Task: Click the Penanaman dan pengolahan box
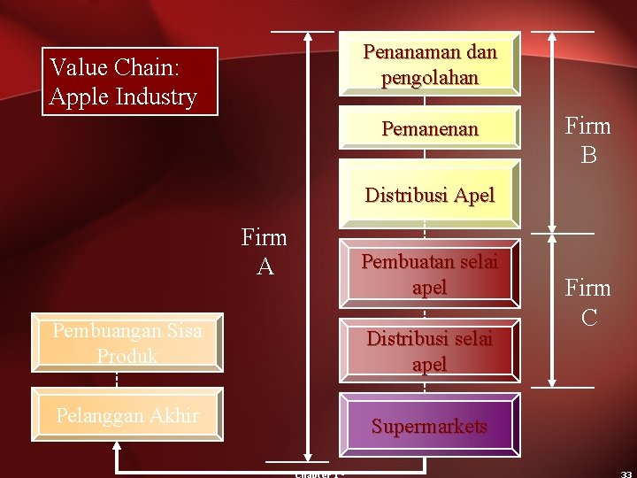430,65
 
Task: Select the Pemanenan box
430,129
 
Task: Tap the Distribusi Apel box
430,194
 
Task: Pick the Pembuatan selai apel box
430,274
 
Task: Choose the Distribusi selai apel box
430,351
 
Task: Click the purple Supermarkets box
430,426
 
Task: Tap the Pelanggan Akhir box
127,414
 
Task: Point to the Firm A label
265,251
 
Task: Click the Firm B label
588,141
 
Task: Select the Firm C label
588,302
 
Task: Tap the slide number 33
625,474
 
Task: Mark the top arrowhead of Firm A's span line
308,38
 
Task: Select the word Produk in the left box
127,355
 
